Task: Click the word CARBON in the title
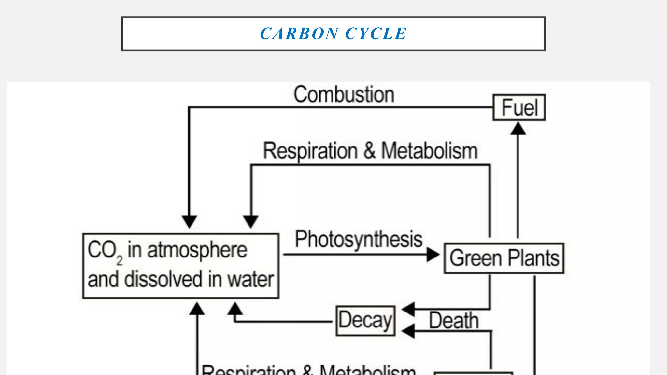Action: pos(299,34)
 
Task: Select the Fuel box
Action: pos(519,107)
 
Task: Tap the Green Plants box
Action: pos(504,258)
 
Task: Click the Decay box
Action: pos(365,321)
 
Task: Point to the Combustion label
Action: pos(344,95)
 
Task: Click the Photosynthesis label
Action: pos(358,240)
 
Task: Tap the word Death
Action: pos(454,321)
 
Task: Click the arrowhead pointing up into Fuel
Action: pos(518,129)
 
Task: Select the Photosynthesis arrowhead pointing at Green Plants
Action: pos(433,254)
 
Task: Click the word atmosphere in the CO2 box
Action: pos(197,250)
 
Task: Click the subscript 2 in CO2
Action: pos(120,260)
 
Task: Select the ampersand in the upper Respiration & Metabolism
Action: pos(369,151)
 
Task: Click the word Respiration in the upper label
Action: pos(310,151)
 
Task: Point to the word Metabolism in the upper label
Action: pos(429,151)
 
